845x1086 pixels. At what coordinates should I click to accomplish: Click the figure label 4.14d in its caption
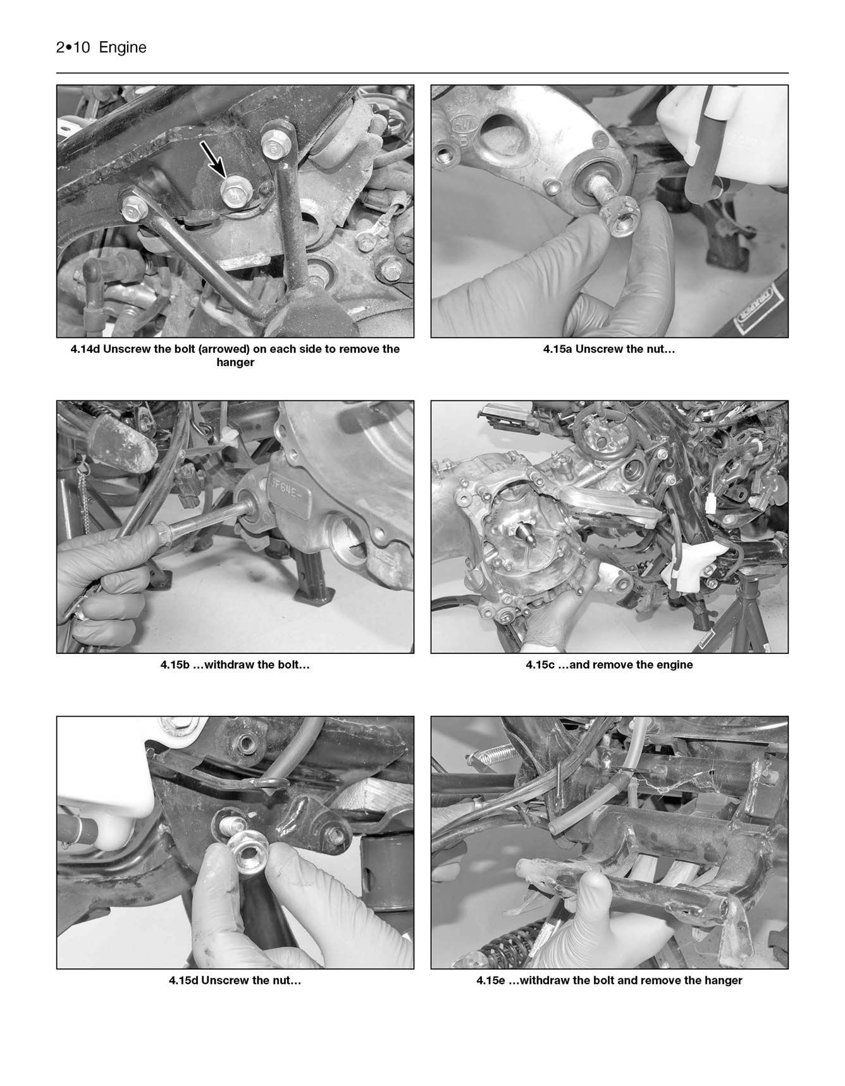tap(85, 349)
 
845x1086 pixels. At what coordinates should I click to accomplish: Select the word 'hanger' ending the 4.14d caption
tap(235, 362)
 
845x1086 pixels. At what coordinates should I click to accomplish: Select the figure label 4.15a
tap(557, 349)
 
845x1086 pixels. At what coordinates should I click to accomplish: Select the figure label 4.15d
tap(183, 980)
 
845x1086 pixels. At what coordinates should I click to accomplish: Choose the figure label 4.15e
tap(491, 980)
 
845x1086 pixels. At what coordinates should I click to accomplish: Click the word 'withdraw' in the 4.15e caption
tap(545, 980)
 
